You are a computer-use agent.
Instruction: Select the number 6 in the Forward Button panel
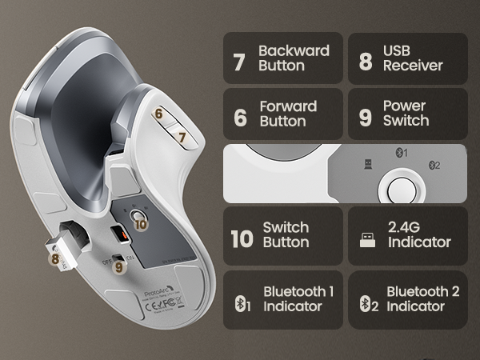[240, 116]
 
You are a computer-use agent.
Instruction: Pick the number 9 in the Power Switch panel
[365, 116]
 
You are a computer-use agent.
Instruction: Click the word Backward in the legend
[294, 50]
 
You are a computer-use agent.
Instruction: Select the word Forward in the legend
[288, 106]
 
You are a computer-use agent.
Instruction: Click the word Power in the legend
[404, 106]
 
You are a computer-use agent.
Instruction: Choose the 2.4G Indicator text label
[418, 234]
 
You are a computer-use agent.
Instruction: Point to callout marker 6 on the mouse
[159, 114]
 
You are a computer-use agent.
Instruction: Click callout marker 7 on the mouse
[182, 137]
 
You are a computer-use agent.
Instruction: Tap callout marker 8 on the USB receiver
[55, 258]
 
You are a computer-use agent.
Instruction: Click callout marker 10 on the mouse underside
[141, 223]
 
